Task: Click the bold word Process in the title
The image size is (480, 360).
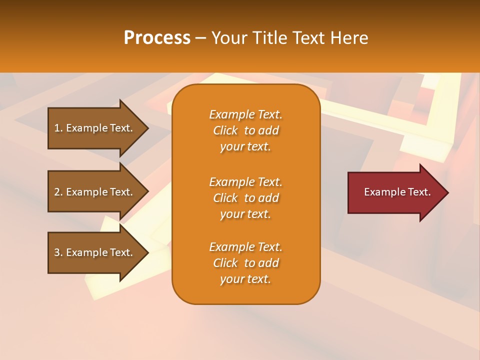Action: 157,38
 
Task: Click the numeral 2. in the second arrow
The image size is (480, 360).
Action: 58,192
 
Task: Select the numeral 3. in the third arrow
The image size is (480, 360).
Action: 58,252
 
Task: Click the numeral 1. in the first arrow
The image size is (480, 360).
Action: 58,128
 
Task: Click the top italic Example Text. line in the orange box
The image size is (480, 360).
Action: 245,114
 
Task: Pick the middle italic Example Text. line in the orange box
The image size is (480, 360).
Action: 245,182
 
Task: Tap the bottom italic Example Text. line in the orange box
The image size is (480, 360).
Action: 245,247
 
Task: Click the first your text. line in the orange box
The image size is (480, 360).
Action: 245,147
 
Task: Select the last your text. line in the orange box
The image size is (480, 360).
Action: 245,279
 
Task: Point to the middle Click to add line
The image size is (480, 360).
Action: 245,198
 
